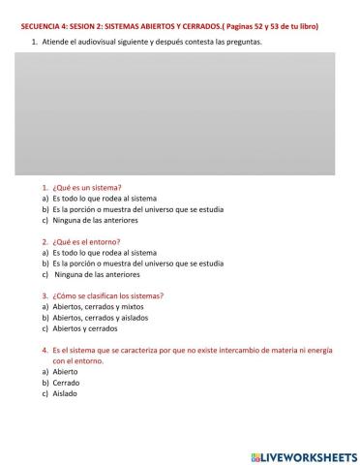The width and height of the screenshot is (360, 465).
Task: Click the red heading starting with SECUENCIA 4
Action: (x=170, y=25)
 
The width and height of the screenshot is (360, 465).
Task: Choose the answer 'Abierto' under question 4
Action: (x=66, y=371)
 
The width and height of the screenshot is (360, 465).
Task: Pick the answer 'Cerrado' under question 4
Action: (x=67, y=383)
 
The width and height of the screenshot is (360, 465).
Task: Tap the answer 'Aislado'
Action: (x=65, y=393)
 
